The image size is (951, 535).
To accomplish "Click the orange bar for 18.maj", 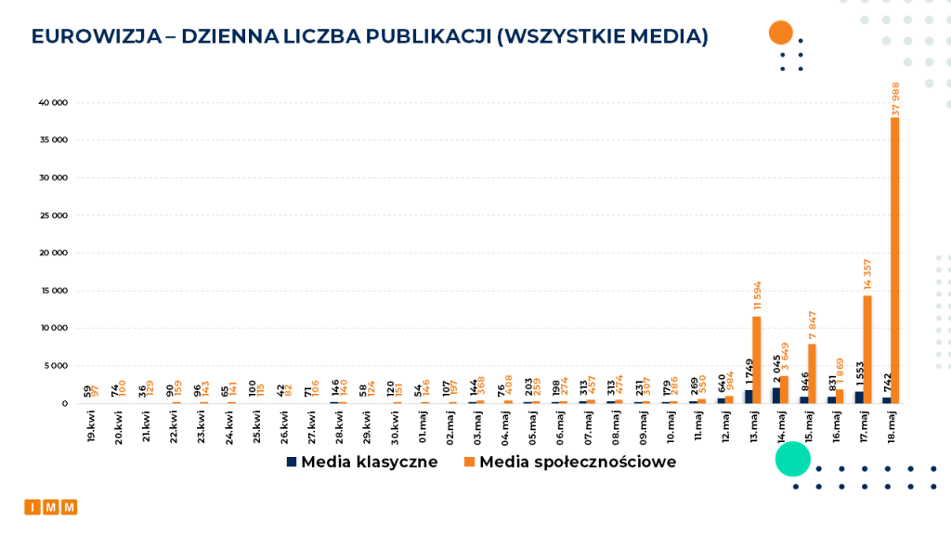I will [895, 260].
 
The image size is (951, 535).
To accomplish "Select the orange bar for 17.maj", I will [867, 349].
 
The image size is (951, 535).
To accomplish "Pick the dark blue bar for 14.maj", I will [776, 395].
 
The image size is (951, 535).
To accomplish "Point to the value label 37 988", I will [896, 98].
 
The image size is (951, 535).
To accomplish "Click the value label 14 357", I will [867, 275].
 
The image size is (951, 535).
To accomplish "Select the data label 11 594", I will [757, 295].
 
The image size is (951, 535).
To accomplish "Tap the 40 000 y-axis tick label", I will [53, 103].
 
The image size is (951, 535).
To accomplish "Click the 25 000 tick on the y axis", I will [53, 215].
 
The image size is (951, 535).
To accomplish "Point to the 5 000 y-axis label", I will [55, 366].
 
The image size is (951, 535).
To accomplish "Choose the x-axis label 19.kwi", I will [91, 428].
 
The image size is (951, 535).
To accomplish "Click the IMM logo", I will [51, 507].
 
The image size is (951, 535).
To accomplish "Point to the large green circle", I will [792, 459].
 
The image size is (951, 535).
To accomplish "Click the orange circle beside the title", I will [780, 33].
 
